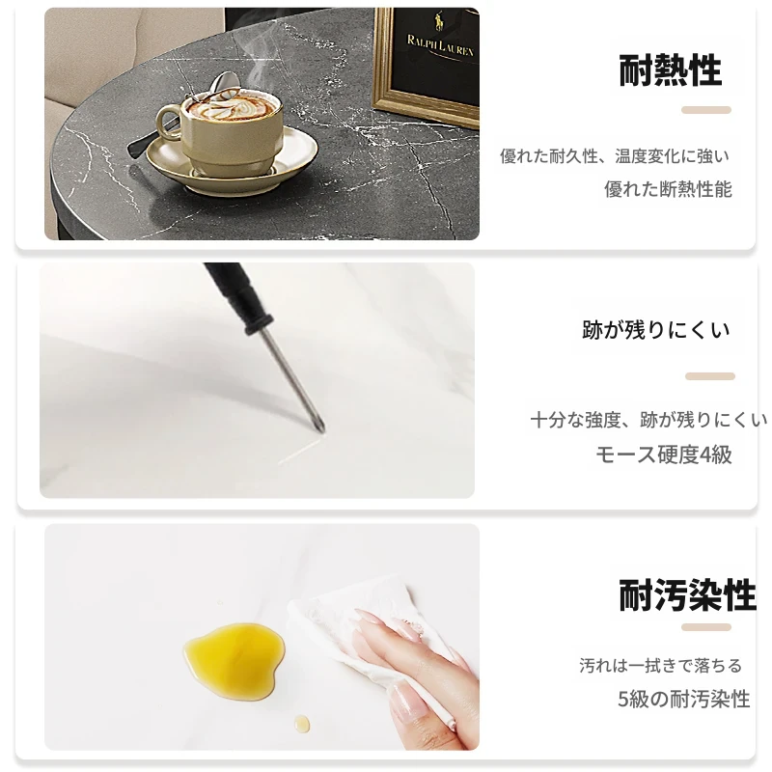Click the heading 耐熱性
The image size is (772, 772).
click(x=670, y=70)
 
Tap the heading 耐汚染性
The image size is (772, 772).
click(x=687, y=595)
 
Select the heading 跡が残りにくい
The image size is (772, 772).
click(x=656, y=330)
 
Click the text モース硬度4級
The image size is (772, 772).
click(x=664, y=454)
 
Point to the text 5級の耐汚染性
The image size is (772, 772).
click(x=684, y=699)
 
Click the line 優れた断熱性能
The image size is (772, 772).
click(x=668, y=189)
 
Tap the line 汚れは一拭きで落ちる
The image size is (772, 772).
click(x=660, y=666)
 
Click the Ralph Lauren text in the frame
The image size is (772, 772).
click(x=440, y=45)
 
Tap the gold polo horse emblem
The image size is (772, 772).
click(x=439, y=20)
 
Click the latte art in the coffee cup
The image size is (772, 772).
click(x=229, y=106)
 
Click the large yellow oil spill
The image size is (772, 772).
click(x=234, y=659)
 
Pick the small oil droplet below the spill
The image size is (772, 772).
click(x=302, y=723)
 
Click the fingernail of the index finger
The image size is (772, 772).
click(x=367, y=615)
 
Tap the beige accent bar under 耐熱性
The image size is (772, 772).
click(x=706, y=110)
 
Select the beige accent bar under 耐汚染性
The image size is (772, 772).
click(x=706, y=627)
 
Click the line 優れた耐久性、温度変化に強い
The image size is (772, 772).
click(x=615, y=156)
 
